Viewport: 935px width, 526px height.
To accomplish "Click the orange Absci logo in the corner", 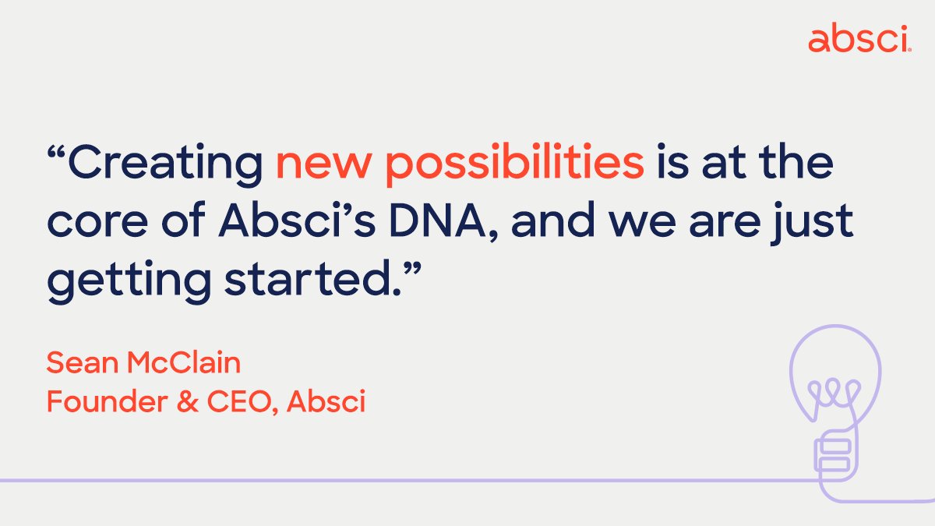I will pos(859,38).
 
